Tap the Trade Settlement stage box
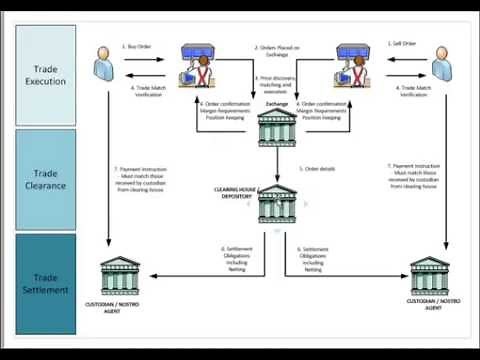click(46, 283)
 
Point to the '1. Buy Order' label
click(137, 45)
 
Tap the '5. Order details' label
click(319, 169)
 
